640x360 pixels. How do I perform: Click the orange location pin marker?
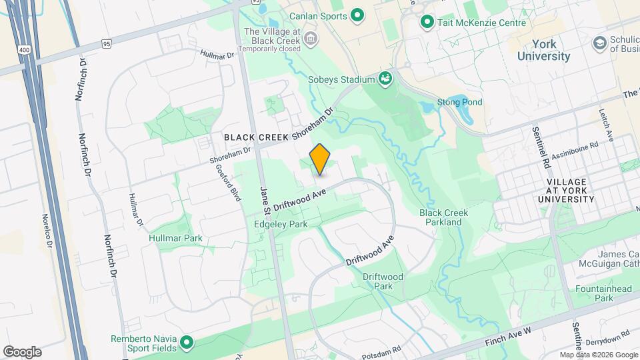320,159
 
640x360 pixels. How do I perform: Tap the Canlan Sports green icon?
357,15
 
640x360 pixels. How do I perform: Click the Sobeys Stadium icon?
385,79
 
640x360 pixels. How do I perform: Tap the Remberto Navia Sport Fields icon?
187,343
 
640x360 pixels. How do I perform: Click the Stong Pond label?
459,102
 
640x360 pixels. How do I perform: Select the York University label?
543,50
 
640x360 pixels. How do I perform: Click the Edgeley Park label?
281,224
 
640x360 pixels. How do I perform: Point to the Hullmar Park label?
176,238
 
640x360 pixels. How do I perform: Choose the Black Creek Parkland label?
443,217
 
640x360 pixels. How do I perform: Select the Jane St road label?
264,201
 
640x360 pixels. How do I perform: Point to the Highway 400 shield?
25,50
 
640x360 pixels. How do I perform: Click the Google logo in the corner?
22,351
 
